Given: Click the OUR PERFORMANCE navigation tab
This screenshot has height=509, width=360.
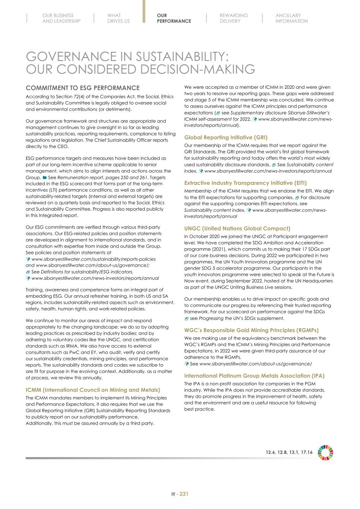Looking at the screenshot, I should [173, 18].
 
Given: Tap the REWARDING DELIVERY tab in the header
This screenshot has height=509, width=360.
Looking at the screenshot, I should [234, 18].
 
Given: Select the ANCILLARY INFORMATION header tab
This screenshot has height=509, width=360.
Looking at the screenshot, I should [291, 18].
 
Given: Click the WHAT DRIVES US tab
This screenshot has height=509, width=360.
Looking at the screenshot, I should [118, 18].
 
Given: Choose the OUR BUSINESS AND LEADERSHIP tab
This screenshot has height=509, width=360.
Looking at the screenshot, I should [61, 18].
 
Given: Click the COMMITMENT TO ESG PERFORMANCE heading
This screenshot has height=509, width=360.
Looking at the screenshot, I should [82, 88].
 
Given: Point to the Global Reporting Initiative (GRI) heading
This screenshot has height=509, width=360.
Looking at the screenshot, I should [226, 137].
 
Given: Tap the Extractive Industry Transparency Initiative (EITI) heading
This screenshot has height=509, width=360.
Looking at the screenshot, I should [245, 183].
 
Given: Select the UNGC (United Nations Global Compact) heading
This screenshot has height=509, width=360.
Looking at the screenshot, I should [237, 228].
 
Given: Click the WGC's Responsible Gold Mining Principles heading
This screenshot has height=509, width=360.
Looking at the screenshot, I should [251, 330].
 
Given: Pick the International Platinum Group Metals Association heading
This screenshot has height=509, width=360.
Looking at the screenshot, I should [254, 376].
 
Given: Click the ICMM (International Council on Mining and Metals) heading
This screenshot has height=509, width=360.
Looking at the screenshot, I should [93, 390].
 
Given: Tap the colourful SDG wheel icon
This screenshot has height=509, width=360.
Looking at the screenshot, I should [325, 452].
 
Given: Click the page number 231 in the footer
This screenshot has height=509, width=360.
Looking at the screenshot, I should [184, 494].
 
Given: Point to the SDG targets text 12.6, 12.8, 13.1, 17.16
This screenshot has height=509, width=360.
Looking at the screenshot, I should [289, 452].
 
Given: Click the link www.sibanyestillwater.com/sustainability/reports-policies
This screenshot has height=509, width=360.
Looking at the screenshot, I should [93, 259].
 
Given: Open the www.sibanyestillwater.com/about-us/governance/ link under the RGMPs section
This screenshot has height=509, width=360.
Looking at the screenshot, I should [256, 364].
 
